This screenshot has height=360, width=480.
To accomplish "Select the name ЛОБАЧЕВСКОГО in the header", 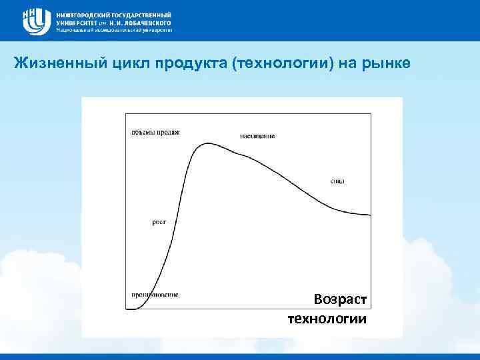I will (x=144, y=22).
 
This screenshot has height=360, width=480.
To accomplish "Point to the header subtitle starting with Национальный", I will (x=114, y=30).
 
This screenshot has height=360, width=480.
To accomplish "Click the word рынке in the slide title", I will (x=393, y=64).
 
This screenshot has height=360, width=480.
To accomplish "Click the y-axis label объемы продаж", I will (x=155, y=132).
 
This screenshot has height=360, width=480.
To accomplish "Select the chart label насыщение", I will (x=257, y=136).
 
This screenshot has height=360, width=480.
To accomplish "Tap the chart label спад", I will (x=337, y=181).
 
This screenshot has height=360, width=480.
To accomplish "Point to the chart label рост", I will (x=159, y=223).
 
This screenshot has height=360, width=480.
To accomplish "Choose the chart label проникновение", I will (x=154, y=294).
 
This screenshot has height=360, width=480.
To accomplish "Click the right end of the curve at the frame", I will (x=371, y=215).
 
